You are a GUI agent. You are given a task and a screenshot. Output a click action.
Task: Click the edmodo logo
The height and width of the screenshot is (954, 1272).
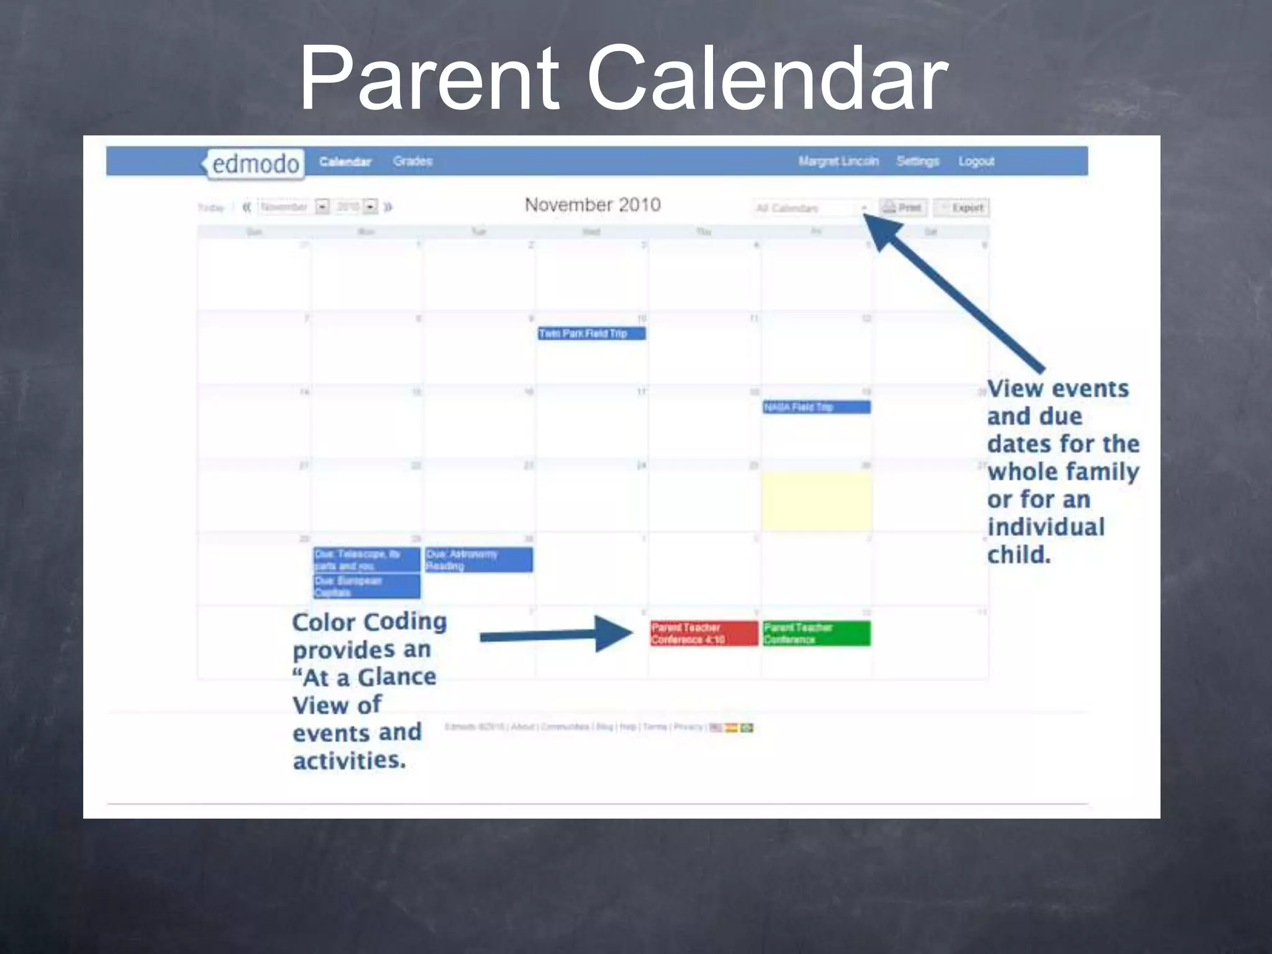[255, 164]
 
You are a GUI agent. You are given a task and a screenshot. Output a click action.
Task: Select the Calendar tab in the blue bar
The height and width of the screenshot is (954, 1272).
[345, 162]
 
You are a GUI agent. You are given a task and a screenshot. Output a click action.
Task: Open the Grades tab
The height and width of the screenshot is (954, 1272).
[412, 161]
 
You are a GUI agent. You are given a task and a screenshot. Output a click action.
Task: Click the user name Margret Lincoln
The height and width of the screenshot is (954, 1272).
[838, 161]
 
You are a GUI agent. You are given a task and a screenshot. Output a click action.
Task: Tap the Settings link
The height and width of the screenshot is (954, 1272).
[917, 161]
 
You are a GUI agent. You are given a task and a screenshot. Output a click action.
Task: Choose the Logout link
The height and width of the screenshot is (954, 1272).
[976, 161]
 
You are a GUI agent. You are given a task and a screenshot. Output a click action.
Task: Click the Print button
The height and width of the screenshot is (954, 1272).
[902, 207]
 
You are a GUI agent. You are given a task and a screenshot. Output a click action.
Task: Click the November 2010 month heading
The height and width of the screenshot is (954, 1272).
[593, 205]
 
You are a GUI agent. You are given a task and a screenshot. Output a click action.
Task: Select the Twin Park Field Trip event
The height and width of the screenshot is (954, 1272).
[591, 334]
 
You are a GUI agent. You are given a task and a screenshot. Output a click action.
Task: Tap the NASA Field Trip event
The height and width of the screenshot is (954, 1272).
[816, 407]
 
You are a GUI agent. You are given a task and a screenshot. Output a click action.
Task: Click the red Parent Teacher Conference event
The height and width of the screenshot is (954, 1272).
[704, 634]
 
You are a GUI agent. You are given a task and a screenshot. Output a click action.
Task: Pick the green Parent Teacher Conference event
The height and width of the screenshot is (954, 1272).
[816, 634]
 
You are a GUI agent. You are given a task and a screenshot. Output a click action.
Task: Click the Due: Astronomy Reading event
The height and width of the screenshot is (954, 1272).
[478, 560]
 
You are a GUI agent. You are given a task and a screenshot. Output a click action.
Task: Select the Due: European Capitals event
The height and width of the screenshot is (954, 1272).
[366, 586]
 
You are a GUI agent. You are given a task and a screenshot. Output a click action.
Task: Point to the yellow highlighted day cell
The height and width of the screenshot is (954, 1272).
[816, 501]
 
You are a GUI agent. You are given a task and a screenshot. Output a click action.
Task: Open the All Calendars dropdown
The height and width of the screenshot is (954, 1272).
[811, 208]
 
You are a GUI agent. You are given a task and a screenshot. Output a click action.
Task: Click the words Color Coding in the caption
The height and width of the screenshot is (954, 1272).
[369, 622]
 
